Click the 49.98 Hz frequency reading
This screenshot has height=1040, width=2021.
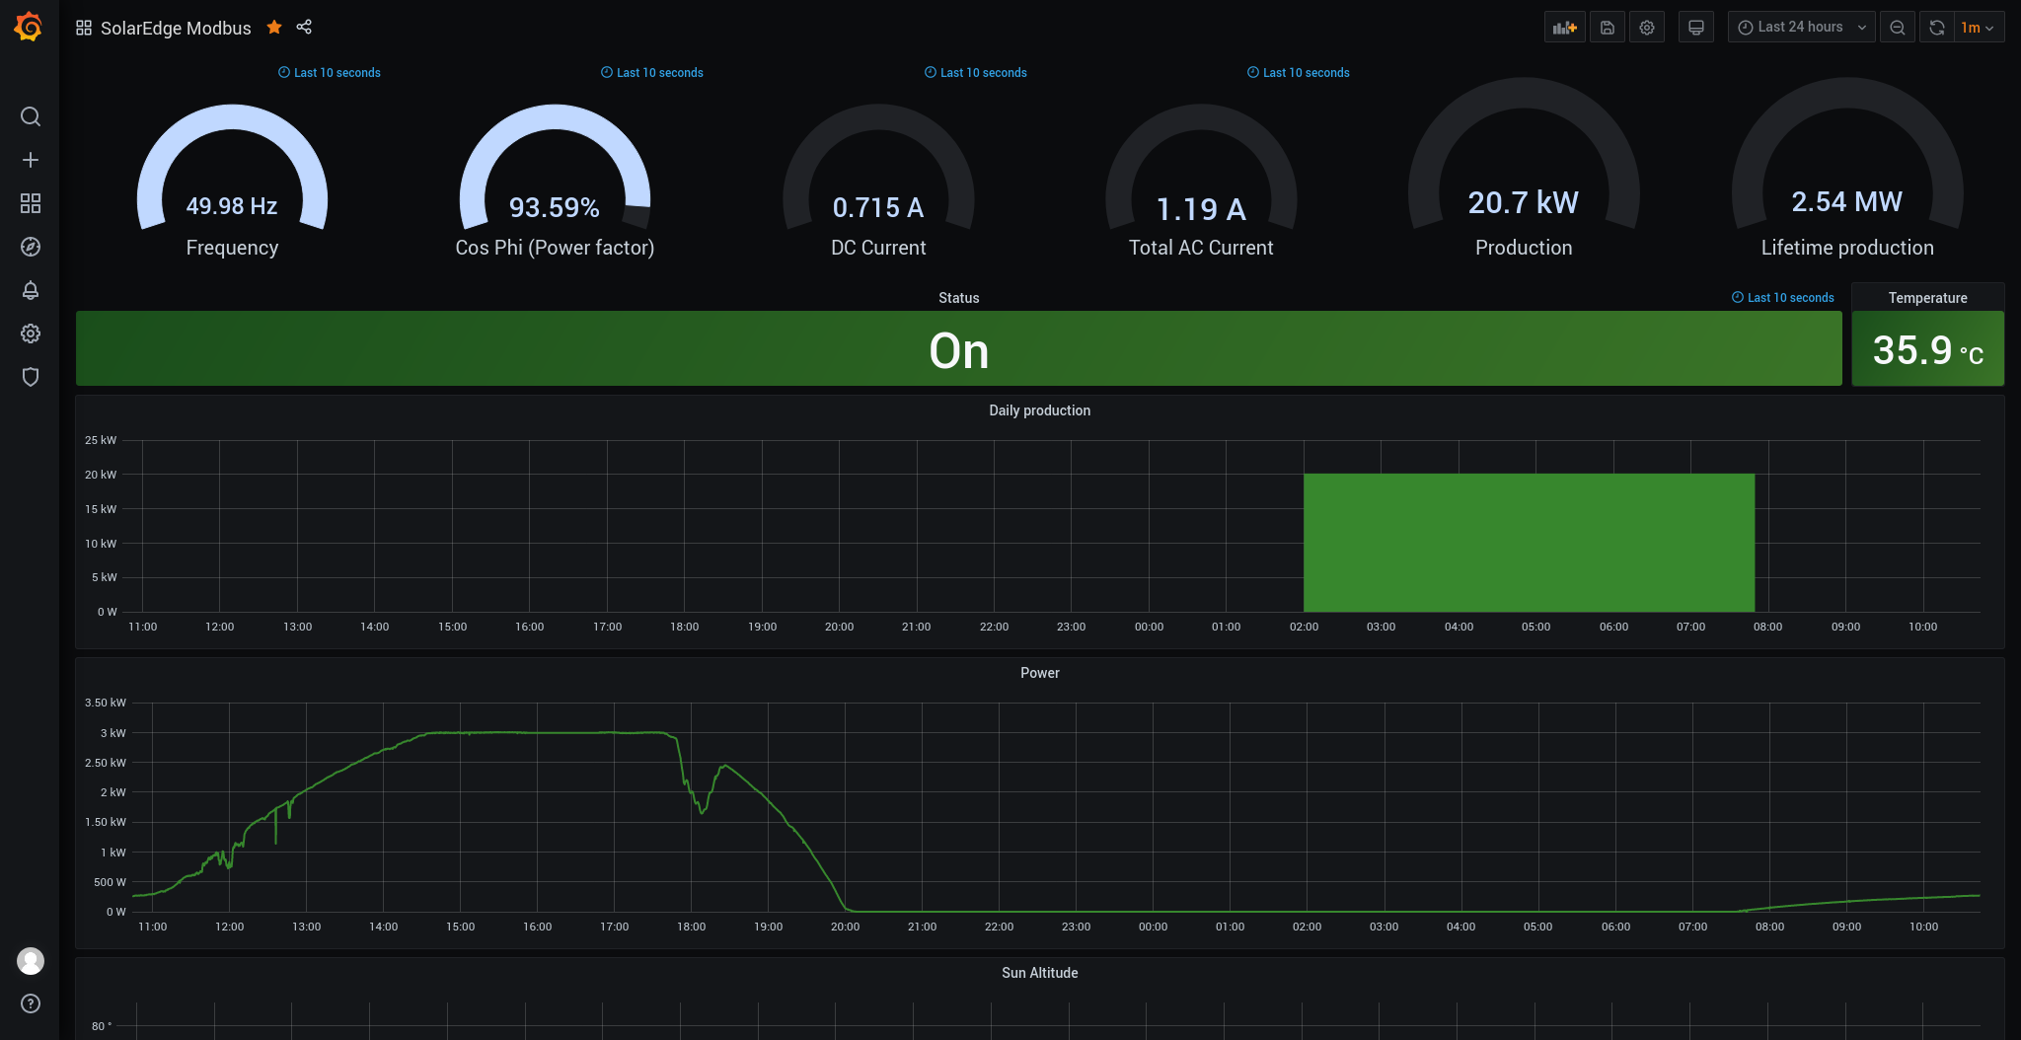pos(232,206)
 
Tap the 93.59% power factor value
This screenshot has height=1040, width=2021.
pos(555,207)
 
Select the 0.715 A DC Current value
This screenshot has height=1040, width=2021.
pos(878,207)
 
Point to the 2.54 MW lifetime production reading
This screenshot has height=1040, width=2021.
pos(1847,201)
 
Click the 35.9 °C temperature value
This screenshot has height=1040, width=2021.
pos(1928,350)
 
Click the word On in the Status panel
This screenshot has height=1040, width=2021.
pos(959,350)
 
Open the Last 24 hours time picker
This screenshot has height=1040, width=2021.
pos(1801,28)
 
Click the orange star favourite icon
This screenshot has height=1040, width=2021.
pos(274,28)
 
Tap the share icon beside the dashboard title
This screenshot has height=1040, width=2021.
pos(304,27)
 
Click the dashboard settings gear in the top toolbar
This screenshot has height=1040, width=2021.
pos(1647,28)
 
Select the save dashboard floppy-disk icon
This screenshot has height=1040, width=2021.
pos(1608,28)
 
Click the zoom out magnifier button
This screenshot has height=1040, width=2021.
pos(1898,28)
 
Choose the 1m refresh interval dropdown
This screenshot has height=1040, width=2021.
pos(1978,28)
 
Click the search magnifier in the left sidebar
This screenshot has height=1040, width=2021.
pos(31,116)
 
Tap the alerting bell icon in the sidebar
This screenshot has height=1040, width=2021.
pos(31,290)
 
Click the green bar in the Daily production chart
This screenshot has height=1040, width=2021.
pos(1530,543)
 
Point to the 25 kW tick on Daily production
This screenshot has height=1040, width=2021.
pos(101,440)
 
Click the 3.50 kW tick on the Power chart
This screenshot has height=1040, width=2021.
pos(106,703)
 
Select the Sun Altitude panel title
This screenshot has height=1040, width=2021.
pos(1040,973)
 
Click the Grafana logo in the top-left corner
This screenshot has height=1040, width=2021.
pos(29,27)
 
